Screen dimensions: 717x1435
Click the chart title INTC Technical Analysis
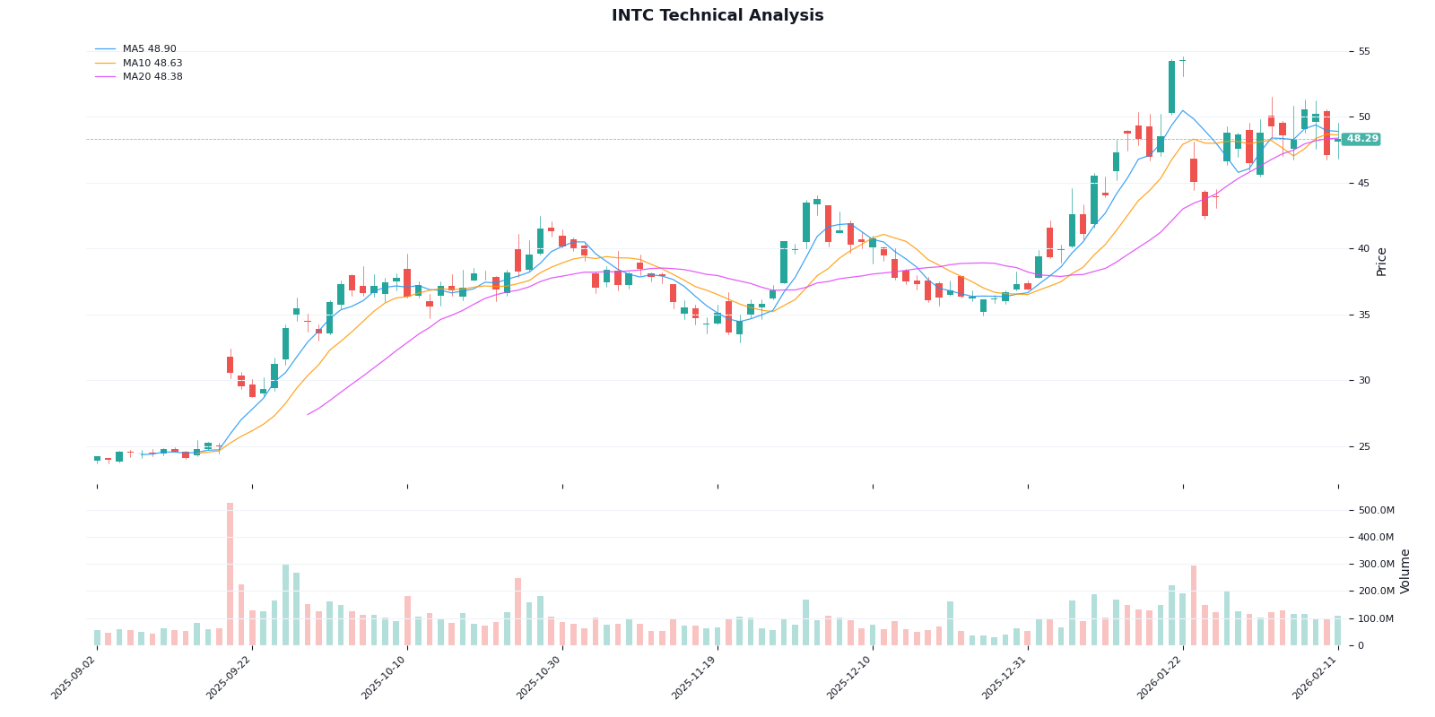[717, 16]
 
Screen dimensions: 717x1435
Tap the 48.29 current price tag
[1361, 139]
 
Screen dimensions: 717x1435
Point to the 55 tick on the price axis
[1364, 52]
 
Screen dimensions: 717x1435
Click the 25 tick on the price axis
[1364, 446]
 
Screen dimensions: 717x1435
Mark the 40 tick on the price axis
[1364, 249]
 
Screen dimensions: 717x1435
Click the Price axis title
[1382, 262]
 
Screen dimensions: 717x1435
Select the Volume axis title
[1405, 571]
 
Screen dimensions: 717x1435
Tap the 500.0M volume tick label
[1377, 511]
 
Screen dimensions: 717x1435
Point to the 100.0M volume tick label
[1377, 618]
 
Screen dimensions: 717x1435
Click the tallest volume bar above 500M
[230, 574]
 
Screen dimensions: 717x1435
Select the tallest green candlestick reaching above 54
[1171, 87]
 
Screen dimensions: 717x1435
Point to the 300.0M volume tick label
[1377, 565]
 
